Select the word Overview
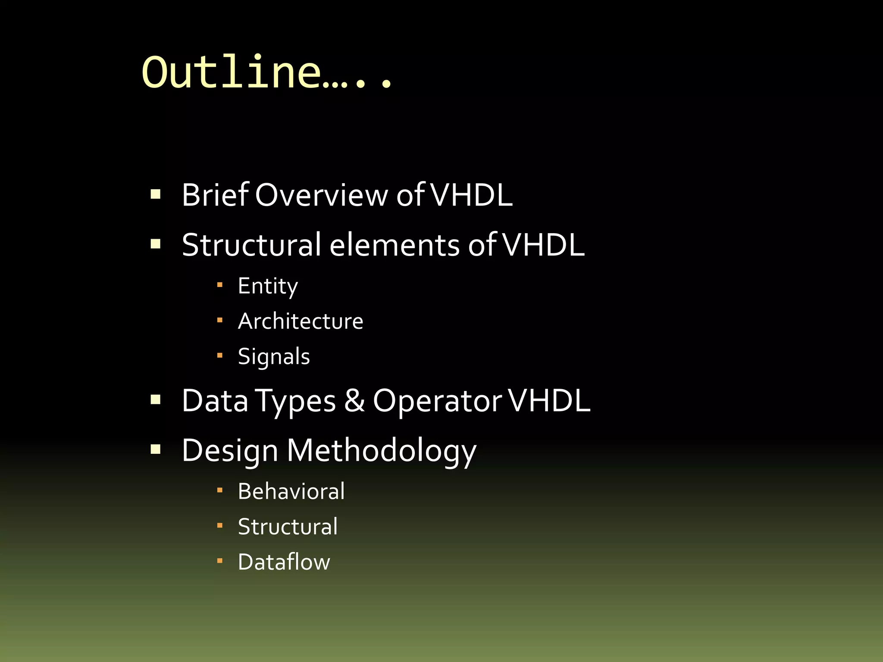[321, 195]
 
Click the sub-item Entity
[268, 286]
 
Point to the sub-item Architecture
[301, 322]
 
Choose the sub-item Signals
[274, 357]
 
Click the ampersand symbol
[354, 401]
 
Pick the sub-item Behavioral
[291, 491]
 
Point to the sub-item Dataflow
[284, 562]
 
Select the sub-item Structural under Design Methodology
[288, 527]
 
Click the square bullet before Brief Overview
[156, 194]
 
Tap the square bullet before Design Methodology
[156, 450]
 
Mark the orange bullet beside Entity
[220, 285]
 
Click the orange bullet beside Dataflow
[220, 561]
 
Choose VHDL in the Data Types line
[549, 401]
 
